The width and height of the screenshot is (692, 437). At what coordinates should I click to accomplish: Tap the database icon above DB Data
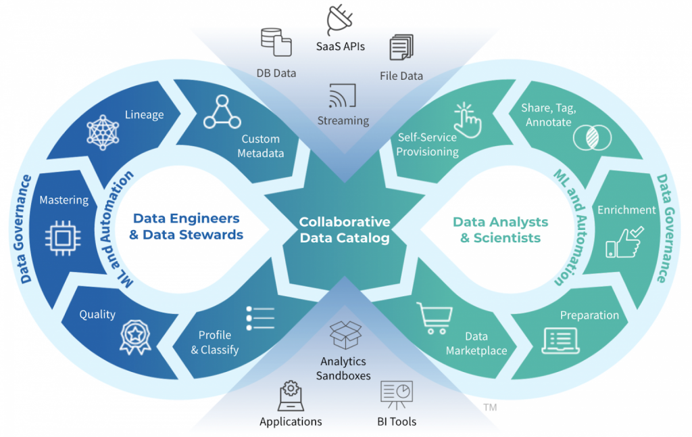click(x=276, y=42)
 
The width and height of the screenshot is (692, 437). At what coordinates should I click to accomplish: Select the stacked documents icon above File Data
click(x=401, y=49)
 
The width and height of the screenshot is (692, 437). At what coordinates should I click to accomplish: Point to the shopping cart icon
click(x=432, y=317)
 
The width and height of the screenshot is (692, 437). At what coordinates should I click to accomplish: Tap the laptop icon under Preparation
click(x=560, y=341)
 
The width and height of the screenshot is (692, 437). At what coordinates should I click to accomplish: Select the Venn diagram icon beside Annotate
click(x=592, y=137)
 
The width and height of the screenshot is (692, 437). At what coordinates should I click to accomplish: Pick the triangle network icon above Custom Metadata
click(x=222, y=112)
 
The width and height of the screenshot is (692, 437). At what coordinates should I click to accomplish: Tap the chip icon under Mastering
click(x=63, y=237)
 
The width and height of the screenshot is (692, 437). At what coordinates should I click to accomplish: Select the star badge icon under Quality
click(x=135, y=336)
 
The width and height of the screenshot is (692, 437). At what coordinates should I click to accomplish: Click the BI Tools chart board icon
click(x=397, y=395)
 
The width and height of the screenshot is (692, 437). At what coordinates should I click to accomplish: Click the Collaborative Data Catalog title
click(x=345, y=229)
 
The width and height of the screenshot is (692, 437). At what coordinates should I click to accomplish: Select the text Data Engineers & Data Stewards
click(x=186, y=227)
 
